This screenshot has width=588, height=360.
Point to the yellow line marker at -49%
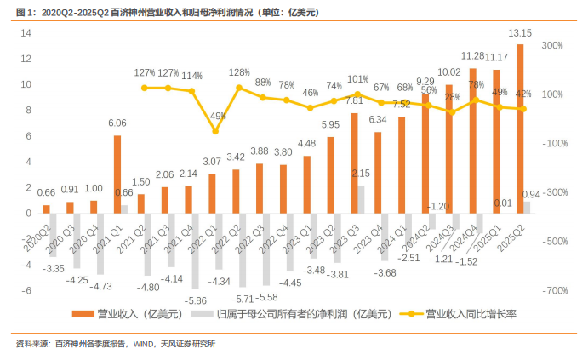click(x=214, y=131)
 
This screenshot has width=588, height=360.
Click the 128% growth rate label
click(x=239, y=73)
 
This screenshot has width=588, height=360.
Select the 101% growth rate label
click(x=357, y=80)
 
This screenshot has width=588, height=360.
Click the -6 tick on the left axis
click(x=27, y=290)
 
